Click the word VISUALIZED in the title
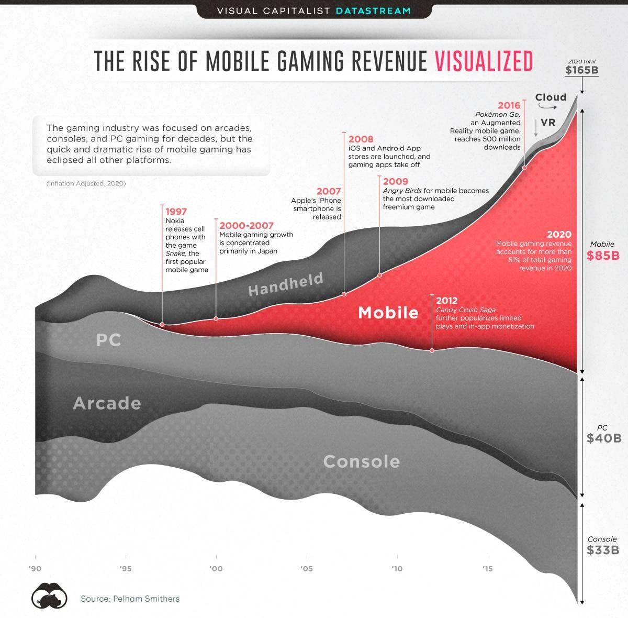tap(484, 61)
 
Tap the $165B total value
tap(581, 71)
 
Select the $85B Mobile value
tap(603, 256)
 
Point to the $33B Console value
tap(603, 550)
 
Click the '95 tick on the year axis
tap(125, 569)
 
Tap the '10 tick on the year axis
tap(397, 569)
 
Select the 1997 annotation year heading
tap(176, 212)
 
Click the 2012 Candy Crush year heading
tap(446, 301)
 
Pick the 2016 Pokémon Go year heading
tap(509, 105)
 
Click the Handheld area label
tap(285, 284)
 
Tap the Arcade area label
tap(107, 403)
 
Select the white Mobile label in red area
tap(388, 313)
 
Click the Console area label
tap(361, 461)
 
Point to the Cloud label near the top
tap(551, 97)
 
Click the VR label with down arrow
tap(547, 123)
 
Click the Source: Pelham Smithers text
tap(130, 599)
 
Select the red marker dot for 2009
tap(379, 275)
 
